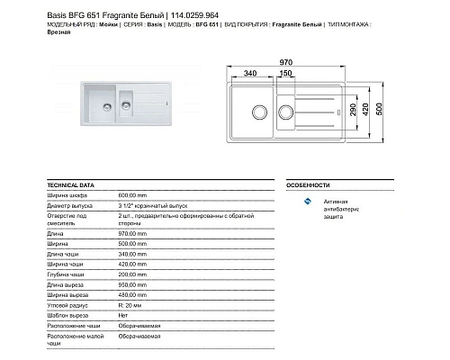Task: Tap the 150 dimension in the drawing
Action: click(285, 72)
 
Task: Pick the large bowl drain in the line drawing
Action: click(259, 113)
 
